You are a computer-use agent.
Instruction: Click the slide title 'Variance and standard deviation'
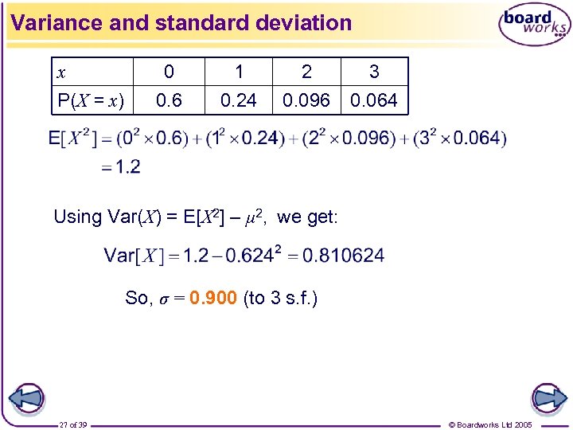click(x=181, y=22)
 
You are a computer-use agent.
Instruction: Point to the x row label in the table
click(x=62, y=72)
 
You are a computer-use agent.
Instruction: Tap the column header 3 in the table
click(x=374, y=72)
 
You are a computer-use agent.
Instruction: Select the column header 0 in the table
click(x=169, y=72)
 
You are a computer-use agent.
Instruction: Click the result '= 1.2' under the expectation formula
click(x=122, y=167)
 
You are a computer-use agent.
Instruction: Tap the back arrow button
click(x=26, y=398)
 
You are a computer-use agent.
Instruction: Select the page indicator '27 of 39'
click(x=73, y=424)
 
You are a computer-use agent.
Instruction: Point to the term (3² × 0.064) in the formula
click(x=457, y=139)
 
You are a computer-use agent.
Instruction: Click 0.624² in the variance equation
click(x=257, y=255)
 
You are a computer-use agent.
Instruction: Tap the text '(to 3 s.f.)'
click(x=280, y=299)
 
